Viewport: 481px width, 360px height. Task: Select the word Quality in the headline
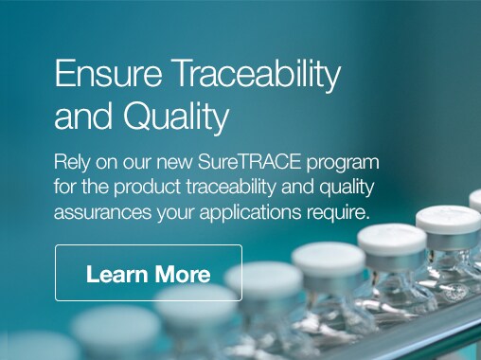pyautogui.click(x=176, y=117)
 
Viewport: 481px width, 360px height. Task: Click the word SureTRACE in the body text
pyautogui.click(x=249, y=162)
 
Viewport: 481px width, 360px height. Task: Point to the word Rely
pyautogui.click(x=72, y=163)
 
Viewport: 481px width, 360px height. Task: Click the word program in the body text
pyautogui.click(x=342, y=164)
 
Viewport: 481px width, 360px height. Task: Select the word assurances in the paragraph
pyautogui.click(x=102, y=212)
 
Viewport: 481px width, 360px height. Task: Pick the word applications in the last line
pyautogui.click(x=250, y=212)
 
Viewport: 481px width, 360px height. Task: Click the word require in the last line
pyautogui.click(x=337, y=212)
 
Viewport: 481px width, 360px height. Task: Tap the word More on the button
pyautogui.click(x=183, y=274)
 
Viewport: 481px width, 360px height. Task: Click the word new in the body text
pyautogui.click(x=174, y=163)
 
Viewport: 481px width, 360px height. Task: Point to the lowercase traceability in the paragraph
pyautogui.click(x=231, y=187)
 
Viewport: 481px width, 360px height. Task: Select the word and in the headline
pyautogui.click(x=83, y=116)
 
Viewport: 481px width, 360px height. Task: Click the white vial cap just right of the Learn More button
pyautogui.click(x=264, y=278)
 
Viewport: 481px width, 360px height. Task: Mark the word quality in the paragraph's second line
pyautogui.click(x=347, y=187)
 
